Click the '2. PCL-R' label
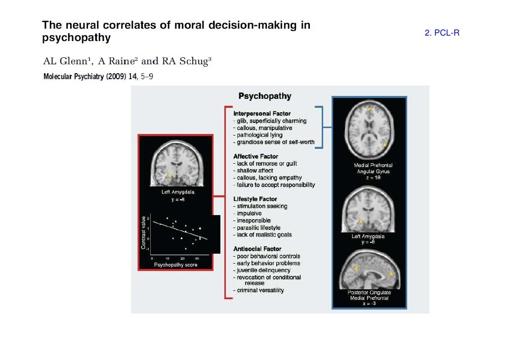[442, 33]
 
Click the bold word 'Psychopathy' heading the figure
[265, 96]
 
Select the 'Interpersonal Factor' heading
[262, 114]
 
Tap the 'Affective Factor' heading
[255, 156]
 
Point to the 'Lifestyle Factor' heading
[255, 199]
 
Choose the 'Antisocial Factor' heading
[257, 249]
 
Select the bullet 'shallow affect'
[254, 171]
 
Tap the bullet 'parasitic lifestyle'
[258, 227]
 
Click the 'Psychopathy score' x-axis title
[175, 265]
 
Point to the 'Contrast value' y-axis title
[143, 232]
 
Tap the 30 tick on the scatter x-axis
[197, 258]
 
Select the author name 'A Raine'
[117, 61]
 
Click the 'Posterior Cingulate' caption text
[368, 292]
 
